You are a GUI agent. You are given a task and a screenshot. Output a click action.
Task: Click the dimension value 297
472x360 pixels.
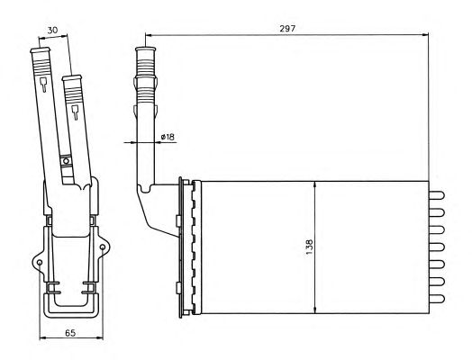click(287, 29)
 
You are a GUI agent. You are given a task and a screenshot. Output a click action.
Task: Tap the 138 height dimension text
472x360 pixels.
click(309, 247)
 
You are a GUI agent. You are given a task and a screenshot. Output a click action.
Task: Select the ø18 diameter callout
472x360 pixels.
click(168, 137)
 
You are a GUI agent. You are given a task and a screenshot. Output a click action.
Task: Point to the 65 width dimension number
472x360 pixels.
click(70, 333)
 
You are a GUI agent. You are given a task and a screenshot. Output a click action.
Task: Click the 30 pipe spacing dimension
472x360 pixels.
click(52, 30)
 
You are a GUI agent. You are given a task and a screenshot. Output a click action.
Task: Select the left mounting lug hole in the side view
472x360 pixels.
click(40, 263)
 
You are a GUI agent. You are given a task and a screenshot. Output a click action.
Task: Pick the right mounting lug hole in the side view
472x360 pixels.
click(103, 247)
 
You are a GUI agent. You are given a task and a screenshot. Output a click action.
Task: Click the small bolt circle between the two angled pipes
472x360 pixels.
click(66, 161)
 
